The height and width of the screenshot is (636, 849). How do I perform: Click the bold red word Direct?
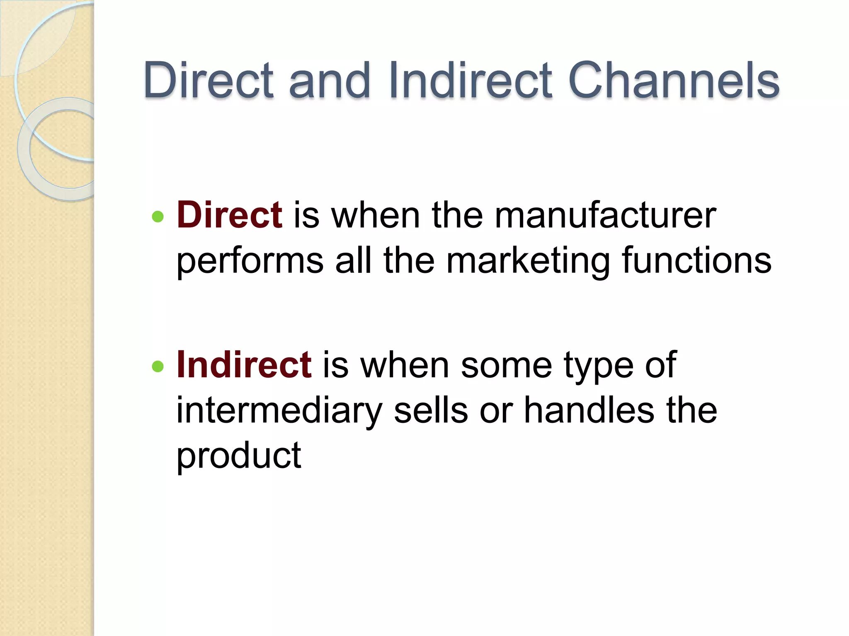(230, 215)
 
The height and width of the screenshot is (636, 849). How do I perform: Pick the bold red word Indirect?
(244, 365)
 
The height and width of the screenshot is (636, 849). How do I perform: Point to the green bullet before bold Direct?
(158, 217)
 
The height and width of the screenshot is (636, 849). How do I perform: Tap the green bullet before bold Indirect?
(158, 366)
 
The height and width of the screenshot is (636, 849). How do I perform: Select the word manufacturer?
(605, 216)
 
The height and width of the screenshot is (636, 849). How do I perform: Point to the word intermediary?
(279, 411)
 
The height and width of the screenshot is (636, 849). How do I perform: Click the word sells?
(431, 410)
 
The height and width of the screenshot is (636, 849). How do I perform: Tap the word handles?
(589, 410)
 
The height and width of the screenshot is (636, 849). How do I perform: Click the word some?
(506, 366)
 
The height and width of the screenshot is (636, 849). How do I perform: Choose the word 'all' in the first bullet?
(353, 261)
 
